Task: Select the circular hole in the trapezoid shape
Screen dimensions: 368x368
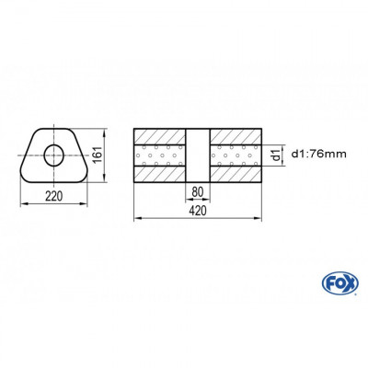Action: coord(55,154)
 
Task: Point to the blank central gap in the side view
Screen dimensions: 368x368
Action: coord(197,154)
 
